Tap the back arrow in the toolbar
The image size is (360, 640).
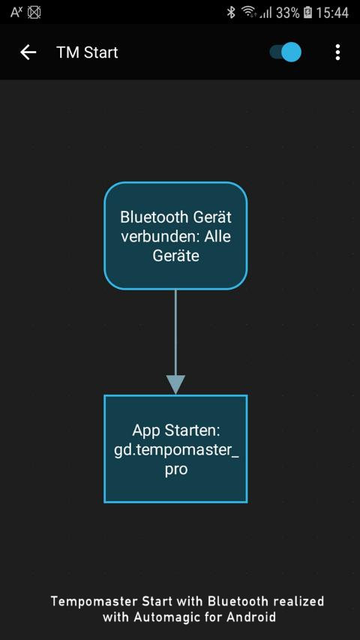point(28,53)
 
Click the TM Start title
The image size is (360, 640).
point(87,53)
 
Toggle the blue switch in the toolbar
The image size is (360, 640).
point(286,53)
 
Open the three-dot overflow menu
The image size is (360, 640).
point(337,53)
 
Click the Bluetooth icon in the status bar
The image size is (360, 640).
point(231,12)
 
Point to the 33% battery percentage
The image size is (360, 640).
point(287,13)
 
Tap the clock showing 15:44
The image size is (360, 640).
point(332,13)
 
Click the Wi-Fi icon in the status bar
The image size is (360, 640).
point(248,12)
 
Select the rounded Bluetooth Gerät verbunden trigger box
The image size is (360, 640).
point(175,236)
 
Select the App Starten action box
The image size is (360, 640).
point(175,449)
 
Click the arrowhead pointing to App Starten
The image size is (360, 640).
point(175,384)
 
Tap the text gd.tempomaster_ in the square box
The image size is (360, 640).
point(176,450)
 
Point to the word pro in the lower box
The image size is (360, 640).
point(176,470)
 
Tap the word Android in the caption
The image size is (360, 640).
point(250,616)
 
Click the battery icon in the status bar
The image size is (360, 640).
point(307,13)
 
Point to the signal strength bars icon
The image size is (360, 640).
point(265,13)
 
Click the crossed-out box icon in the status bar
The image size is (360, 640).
point(34,12)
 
